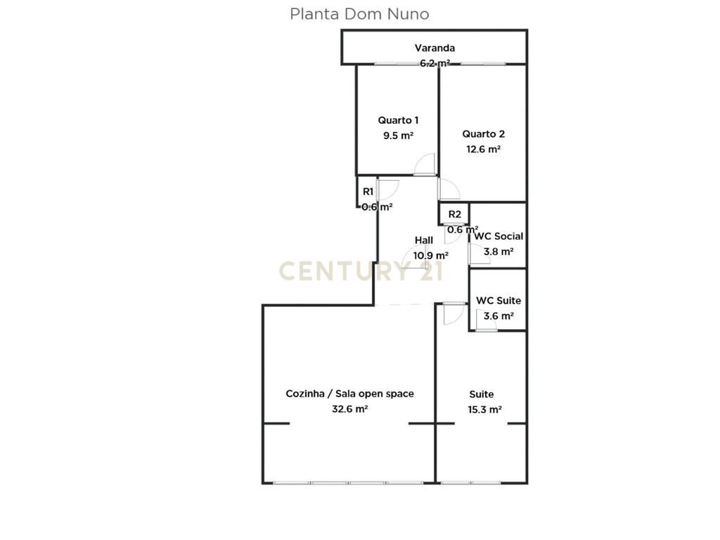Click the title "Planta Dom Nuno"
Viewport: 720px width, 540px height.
pos(359,14)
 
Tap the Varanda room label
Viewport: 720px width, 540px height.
pos(435,48)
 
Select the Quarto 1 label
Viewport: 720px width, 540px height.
pos(398,120)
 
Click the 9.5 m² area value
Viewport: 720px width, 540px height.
pos(398,136)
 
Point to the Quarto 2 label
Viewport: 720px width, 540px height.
pos(483,134)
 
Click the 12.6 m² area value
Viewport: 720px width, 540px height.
pos(483,149)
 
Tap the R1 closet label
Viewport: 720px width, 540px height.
pos(368,192)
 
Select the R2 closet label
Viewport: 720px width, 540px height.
pos(455,214)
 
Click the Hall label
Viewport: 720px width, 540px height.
pos(423,240)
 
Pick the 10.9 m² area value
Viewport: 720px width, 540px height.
pos(430,255)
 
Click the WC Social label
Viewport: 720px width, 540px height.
pos(499,236)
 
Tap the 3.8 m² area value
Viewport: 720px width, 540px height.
pos(499,252)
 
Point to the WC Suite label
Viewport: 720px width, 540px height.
pos(499,301)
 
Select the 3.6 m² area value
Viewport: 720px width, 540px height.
pos(499,316)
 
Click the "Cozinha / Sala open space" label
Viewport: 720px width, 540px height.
pos(349,394)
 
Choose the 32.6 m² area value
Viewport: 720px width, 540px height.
pos(349,409)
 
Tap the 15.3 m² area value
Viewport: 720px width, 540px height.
pos(484,409)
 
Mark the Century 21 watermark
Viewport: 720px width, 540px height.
pos(361,271)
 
